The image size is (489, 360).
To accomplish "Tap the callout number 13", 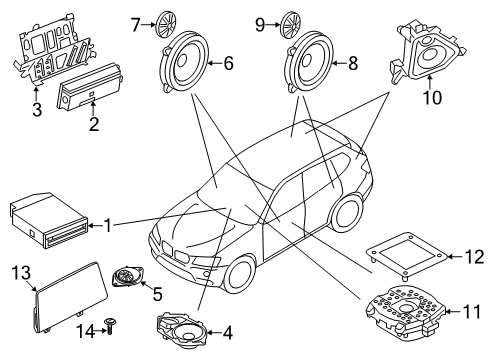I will (21, 271).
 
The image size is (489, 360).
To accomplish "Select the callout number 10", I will (433, 98).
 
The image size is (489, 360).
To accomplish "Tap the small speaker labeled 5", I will (128, 278).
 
